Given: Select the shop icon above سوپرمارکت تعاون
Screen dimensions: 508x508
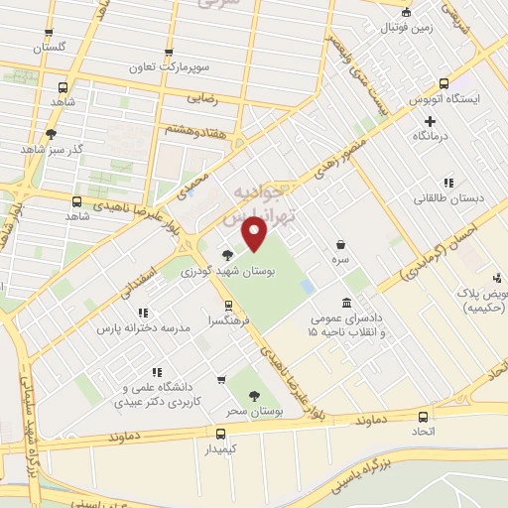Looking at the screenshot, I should (169, 54).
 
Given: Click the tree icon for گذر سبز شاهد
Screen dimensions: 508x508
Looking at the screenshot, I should (51, 133).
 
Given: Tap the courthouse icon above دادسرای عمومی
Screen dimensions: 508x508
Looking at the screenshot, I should (345, 302).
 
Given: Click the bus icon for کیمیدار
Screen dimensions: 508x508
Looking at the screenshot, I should (220, 434).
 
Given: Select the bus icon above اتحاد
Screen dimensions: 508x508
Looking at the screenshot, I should (424, 417).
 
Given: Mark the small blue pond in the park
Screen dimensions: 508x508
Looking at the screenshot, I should (308, 286).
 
